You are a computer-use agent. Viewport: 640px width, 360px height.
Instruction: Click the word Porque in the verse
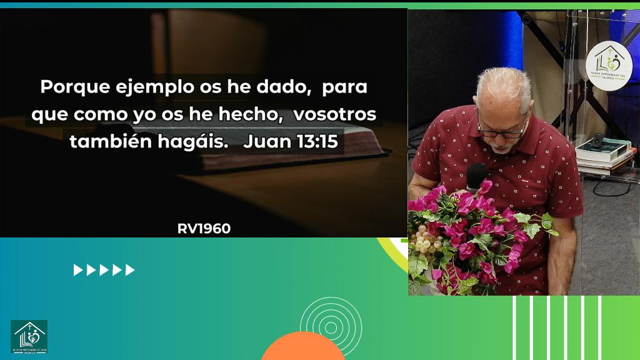(66, 87)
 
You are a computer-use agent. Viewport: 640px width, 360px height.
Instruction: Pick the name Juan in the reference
(267, 142)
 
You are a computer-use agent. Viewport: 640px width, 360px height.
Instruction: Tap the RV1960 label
(204, 229)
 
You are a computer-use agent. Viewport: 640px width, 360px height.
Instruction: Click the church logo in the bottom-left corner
(29, 336)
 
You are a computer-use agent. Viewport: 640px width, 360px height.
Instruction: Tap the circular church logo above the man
(609, 64)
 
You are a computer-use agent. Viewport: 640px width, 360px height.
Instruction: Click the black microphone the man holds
(476, 174)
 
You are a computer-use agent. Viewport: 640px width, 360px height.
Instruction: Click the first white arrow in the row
(77, 270)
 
